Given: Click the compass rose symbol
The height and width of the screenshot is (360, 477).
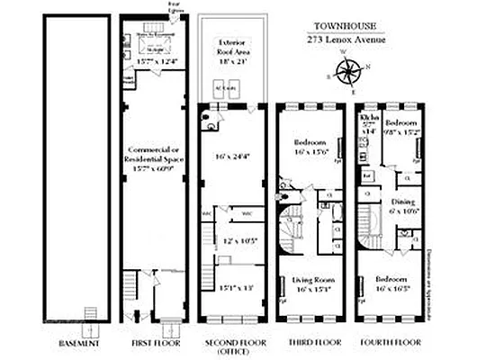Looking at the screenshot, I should (x=354, y=70).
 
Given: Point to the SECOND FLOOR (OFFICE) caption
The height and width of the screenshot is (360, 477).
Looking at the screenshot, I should (x=232, y=346).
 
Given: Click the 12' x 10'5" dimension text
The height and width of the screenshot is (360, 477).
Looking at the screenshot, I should (x=236, y=240).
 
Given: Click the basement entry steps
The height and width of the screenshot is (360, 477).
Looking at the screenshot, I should (x=90, y=314).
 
